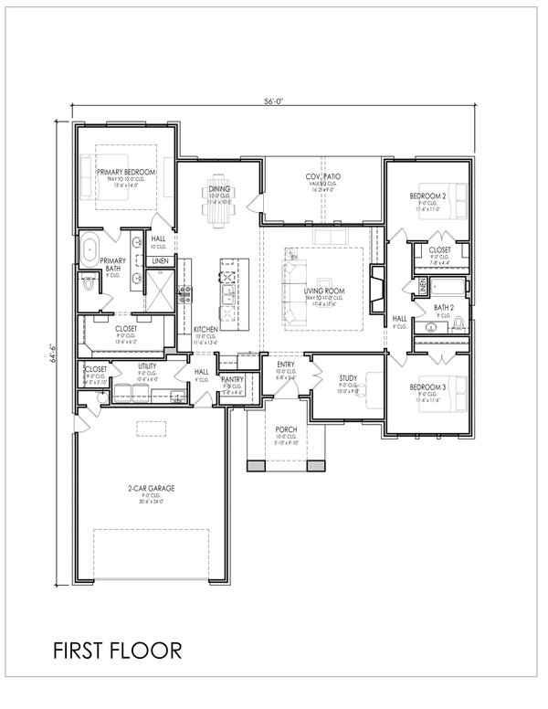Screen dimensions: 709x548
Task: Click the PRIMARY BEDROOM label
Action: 125,172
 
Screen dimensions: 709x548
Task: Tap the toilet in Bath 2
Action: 459,322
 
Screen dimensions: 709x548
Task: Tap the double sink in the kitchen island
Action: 225,297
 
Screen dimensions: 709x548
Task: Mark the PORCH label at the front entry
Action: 286,429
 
